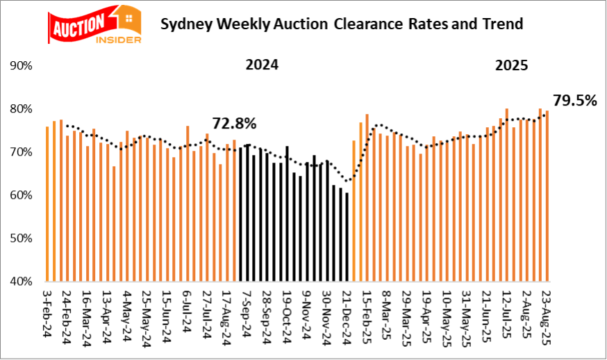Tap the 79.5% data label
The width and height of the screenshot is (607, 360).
[575, 100]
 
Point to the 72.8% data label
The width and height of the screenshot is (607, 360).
[234, 124]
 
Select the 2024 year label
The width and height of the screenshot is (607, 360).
[262, 66]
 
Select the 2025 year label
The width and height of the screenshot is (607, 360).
[512, 67]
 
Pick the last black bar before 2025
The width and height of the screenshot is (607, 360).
[347, 236]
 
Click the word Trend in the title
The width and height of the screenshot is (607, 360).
[500, 25]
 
